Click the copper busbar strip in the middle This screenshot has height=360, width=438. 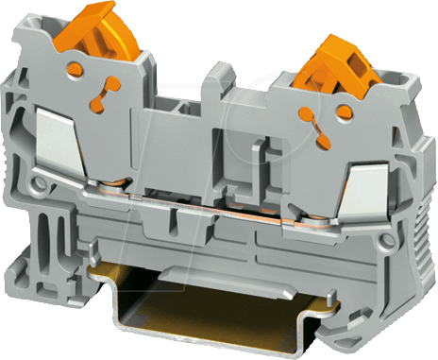217,206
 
